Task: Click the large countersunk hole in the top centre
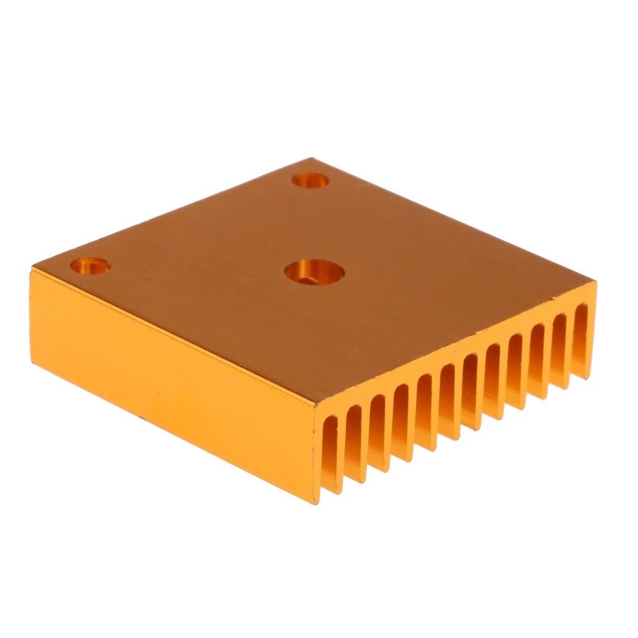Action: point(315,272)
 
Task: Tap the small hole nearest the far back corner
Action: point(310,180)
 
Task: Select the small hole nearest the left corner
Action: point(90,266)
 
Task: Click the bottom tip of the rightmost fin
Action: point(589,377)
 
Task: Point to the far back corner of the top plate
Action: point(312,158)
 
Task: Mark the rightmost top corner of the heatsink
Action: point(595,283)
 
